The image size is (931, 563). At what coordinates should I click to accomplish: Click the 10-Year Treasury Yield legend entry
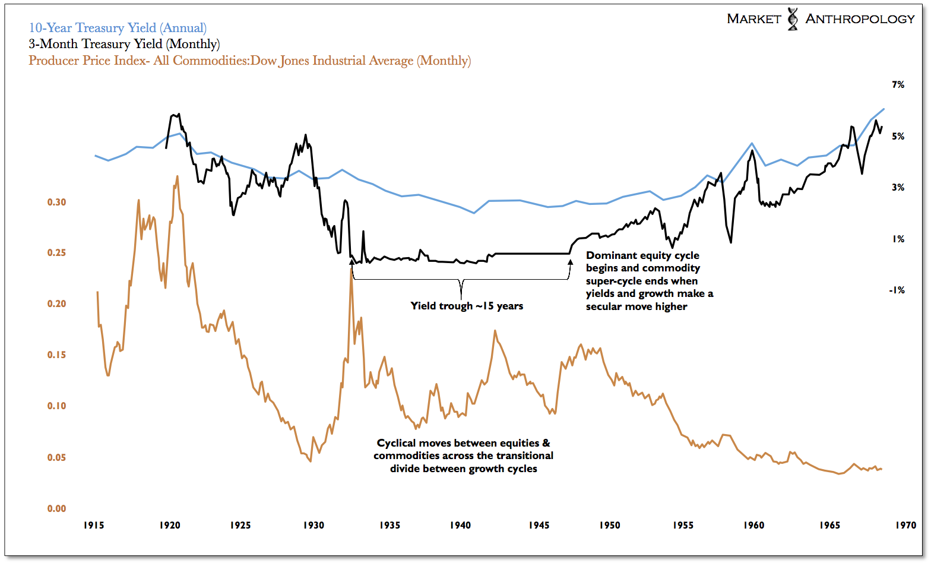pos(118,28)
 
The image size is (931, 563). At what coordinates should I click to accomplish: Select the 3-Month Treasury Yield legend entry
pos(124,44)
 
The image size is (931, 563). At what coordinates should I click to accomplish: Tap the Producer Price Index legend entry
pos(249,61)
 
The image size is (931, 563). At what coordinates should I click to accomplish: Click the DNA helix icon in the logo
pos(793,19)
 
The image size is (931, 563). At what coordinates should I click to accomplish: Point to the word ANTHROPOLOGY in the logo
pos(860,19)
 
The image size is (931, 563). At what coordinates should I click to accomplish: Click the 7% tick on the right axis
pos(898,85)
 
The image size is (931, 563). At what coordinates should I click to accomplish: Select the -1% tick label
pos(897,290)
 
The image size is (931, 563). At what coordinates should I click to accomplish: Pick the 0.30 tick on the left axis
pos(57,202)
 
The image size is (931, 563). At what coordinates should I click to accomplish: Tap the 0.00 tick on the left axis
pos(57,508)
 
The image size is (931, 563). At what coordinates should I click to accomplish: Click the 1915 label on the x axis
pos(94,525)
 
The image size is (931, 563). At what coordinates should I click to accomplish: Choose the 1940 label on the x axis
pos(460,525)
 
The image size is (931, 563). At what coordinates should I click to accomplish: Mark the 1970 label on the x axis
pos(906,525)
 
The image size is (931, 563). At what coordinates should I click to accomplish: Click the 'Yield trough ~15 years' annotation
pos(467,306)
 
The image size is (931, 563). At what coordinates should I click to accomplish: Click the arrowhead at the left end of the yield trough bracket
pos(352,262)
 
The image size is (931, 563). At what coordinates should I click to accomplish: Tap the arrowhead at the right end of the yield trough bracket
pos(571,262)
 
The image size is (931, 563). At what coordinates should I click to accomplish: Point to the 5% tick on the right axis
pos(898,136)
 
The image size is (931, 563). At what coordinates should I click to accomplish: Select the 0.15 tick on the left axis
pos(57,355)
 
